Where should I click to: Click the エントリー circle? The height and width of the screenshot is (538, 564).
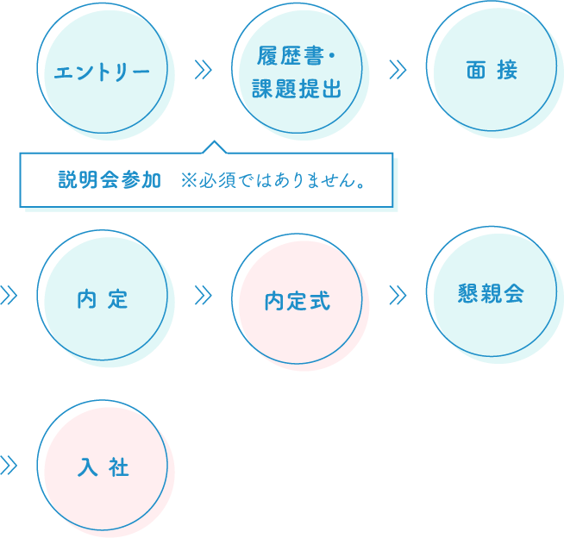(102, 69)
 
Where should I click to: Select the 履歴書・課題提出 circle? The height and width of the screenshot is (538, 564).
(297, 69)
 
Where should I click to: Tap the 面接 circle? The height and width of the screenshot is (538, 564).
(492, 69)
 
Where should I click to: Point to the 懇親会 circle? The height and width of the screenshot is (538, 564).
(492, 293)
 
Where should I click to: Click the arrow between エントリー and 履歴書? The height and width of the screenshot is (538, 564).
(204, 70)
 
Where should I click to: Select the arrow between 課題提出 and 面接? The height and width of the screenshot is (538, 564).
(398, 70)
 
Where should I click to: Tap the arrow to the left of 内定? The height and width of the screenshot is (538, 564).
(9, 296)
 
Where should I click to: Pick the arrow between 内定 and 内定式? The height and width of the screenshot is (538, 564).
(204, 296)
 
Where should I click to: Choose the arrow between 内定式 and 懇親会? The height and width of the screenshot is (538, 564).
(398, 296)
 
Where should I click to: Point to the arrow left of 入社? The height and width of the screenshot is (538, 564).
(9, 466)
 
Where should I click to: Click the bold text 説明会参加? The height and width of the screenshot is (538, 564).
(110, 181)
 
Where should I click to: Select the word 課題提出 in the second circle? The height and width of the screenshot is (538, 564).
(297, 87)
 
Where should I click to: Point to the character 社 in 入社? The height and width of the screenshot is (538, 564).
(119, 466)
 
